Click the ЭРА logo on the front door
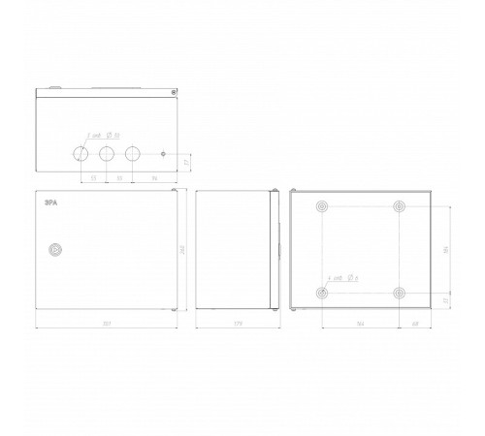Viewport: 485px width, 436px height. (x=50, y=202)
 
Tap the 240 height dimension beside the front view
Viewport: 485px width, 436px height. (x=183, y=249)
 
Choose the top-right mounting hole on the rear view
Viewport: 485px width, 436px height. (x=399, y=207)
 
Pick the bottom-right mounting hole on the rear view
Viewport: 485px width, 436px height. (x=399, y=293)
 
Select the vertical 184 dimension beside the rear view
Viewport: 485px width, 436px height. (x=445, y=249)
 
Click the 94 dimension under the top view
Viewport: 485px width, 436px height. (x=153, y=178)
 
